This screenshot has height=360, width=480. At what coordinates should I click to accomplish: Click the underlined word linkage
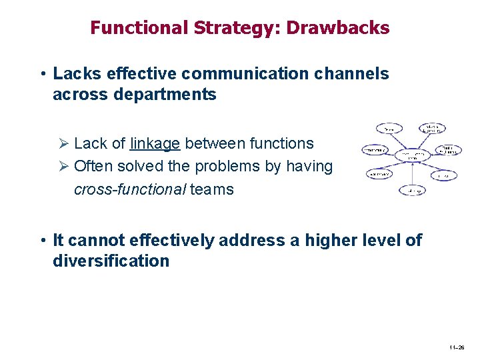tap(155, 143)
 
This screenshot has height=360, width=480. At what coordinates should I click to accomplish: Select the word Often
tap(94, 166)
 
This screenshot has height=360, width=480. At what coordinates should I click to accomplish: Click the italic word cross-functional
tap(130, 189)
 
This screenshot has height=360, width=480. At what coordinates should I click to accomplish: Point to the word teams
tap(212, 189)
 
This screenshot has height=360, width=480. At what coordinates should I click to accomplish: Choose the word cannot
tap(97, 240)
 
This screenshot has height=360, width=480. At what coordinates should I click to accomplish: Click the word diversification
tap(111, 261)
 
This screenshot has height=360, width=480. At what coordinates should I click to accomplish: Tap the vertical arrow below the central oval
tap(413, 175)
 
